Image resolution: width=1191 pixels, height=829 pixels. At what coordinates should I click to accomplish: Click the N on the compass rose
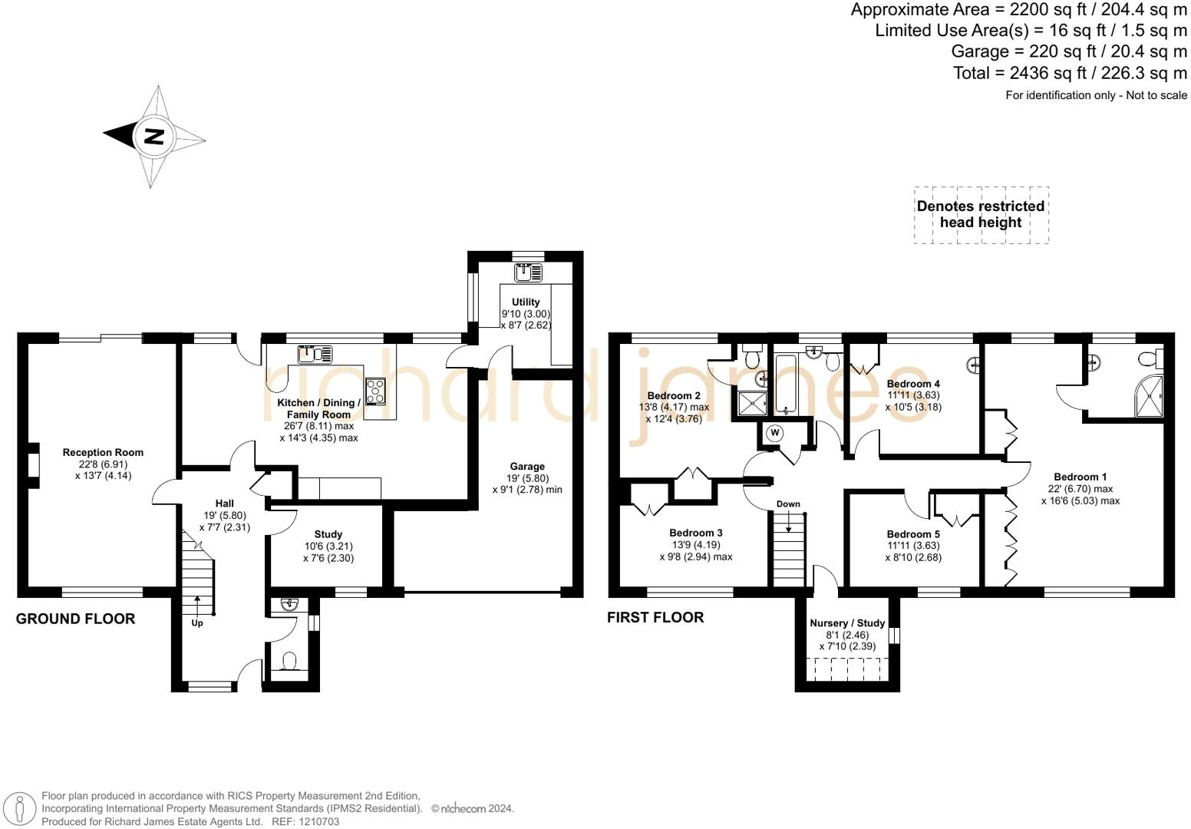tap(154, 137)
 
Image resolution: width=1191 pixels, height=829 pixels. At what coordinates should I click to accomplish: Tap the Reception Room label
tap(103, 453)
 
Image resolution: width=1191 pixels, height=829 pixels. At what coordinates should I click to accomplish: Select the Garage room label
tap(527, 467)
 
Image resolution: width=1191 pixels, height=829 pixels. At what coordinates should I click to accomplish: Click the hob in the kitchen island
tap(376, 391)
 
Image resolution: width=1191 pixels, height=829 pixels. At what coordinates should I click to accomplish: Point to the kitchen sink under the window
tap(315, 354)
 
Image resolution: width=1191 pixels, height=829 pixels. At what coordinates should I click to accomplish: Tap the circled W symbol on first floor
tap(775, 434)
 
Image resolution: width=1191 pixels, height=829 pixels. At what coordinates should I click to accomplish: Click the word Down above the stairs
tap(788, 504)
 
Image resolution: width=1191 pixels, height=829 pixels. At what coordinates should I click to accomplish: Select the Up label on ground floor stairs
tap(197, 623)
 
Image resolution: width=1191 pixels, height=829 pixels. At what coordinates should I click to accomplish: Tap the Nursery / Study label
tap(847, 623)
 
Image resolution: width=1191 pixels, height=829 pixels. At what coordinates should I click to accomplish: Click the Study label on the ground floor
tap(328, 534)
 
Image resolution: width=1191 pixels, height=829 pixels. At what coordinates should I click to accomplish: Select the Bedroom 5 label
tap(912, 534)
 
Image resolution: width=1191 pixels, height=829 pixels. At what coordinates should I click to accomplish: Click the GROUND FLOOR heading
tap(75, 619)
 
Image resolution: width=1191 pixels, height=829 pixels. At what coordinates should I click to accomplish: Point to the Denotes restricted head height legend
tap(981, 215)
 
